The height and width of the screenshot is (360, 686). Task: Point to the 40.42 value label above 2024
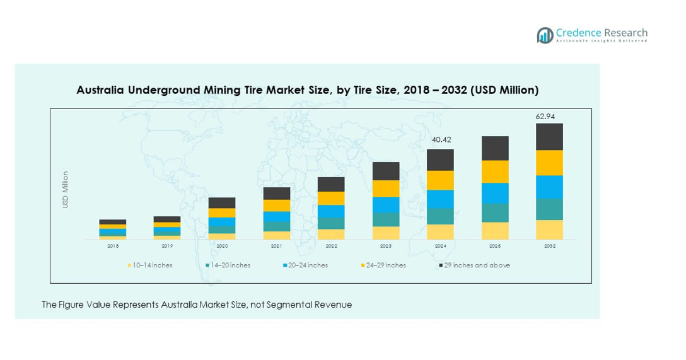pos(440,140)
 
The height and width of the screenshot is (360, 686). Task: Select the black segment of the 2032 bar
pos(549,136)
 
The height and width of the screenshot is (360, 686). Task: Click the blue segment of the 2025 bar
pos(495,193)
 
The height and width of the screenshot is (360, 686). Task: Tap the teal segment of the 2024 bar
pos(440,216)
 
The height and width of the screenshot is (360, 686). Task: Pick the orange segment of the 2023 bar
pos(386,189)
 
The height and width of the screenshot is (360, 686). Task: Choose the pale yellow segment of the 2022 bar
pos(331,234)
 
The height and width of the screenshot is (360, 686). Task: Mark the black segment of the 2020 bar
pos(222,202)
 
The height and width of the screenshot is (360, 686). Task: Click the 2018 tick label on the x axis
pos(113,246)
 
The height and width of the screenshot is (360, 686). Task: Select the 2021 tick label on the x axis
pos(276,246)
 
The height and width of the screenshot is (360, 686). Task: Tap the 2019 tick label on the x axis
pos(167,246)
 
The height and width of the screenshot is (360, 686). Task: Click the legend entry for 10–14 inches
pos(150,265)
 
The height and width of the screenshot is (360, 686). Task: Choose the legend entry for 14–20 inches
pos(228,265)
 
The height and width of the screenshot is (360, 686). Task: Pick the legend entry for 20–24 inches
pos(306,265)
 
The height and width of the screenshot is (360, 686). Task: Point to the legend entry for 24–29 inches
pos(384,265)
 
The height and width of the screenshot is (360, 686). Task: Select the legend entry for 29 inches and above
pos(475,265)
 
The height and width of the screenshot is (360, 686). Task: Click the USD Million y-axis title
pos(65,189)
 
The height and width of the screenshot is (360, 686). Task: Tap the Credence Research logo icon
pos(545,35)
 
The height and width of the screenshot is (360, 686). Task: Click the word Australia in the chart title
pos(101,90)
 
